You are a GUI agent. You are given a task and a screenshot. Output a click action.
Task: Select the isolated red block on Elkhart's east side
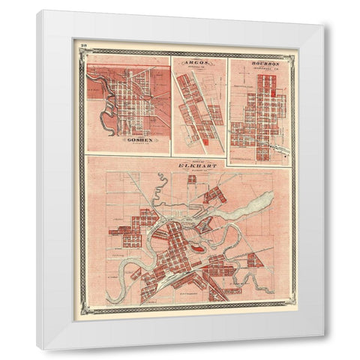[x=253, y=260]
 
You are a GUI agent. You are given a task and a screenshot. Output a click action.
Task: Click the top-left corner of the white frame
[x=37, y=11]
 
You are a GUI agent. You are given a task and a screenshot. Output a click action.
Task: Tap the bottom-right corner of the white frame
[x=324, y=349]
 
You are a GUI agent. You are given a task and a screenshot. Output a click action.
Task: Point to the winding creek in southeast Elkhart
[x=259, y=281]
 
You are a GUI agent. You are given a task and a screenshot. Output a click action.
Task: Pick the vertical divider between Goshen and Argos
[x=171, y=105]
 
